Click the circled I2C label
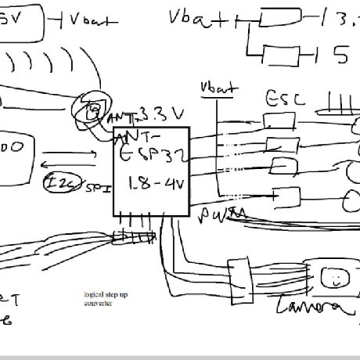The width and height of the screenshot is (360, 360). [59, 183]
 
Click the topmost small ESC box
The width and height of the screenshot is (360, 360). [279, 120]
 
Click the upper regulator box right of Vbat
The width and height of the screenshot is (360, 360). [279, 18]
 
